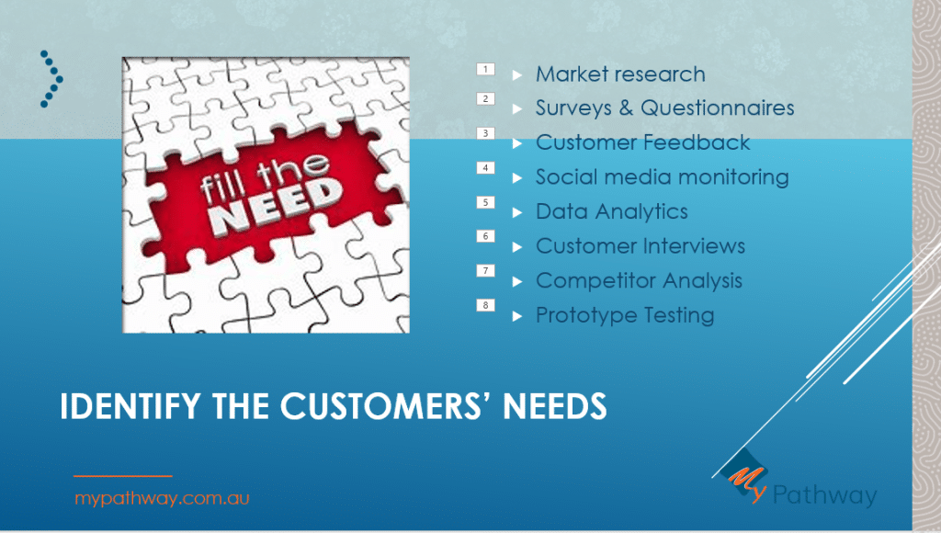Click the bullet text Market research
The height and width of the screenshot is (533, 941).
(620, 74)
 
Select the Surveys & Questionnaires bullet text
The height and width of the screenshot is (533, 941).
(665, 108)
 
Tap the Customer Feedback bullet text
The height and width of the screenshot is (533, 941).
(642, 142)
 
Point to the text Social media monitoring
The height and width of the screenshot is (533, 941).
(662, 177)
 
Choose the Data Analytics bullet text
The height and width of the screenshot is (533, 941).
(611, 212)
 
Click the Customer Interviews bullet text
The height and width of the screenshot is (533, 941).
(641, 246)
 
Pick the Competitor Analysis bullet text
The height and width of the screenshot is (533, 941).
(640, 281)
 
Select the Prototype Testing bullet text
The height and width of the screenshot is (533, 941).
(625, 315)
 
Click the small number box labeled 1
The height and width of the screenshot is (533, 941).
(485, 69)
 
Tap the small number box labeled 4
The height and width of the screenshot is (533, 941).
(485, 168)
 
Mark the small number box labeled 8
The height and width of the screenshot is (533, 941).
(485, 305)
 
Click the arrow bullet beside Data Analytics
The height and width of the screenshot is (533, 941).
(517, 212)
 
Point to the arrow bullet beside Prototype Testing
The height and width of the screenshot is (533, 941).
(517, 316)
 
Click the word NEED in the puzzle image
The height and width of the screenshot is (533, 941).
(278, 207)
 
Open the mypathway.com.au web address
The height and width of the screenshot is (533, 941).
(162, 498)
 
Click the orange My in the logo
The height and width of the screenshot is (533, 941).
(747, 482)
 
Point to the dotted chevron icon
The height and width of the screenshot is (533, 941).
(51, 79)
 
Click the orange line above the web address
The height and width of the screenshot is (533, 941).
(123, 476)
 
